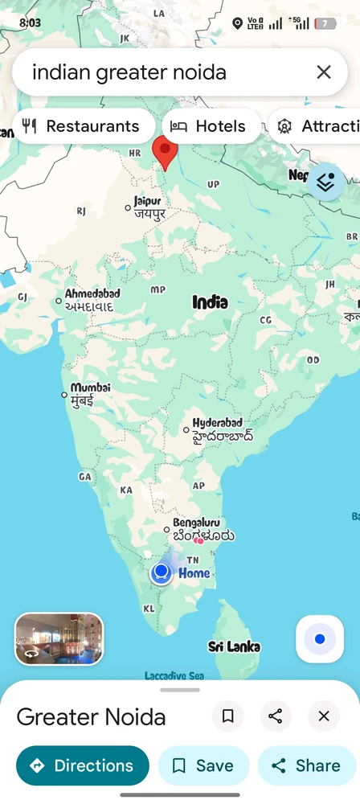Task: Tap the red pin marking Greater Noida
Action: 165,151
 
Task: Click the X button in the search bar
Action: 324,72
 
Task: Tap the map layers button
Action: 325,183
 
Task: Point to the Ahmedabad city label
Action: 92,293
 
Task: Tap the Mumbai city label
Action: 90,388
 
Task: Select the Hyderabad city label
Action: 218,423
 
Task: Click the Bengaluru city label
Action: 196,523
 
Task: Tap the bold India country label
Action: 210,302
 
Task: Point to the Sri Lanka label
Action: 234,646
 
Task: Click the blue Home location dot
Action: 162,572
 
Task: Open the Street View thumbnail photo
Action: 59,638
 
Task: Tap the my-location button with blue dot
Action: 320,639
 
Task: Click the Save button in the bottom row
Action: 203,765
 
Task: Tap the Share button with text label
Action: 306,765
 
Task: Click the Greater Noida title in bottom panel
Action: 91,716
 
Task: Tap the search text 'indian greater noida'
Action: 129,72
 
